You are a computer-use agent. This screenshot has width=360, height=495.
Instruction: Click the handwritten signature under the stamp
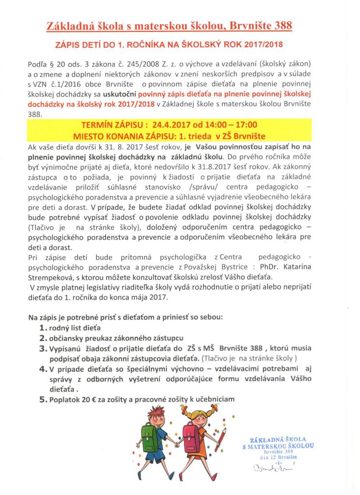[268, 467]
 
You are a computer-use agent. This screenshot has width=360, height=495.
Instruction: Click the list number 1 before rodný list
[42, 328]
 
